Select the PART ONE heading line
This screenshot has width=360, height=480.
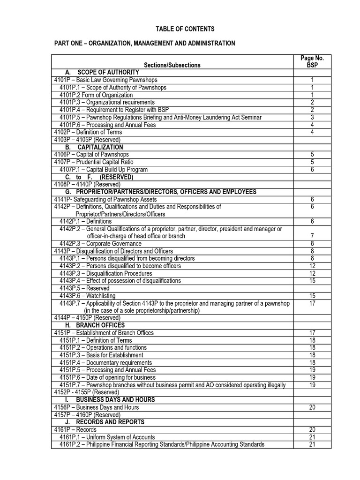(x=145, y=44)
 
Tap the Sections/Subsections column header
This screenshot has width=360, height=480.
(x=172, y=65)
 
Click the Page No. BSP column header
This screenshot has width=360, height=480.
(x=312, y=62)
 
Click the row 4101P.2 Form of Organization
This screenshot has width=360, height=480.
(x=96, y=95)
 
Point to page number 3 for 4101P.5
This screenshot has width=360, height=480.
(x=312, y=117)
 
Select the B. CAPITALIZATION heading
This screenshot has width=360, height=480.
(x=100, y=147)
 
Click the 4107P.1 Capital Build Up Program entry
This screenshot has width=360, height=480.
(x=104, y=170)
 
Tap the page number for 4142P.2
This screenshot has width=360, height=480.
(x=312, y=236)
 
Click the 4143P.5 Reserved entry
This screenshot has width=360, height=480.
(x=84, y=288)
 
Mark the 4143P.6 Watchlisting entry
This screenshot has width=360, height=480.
(x=88, y=296)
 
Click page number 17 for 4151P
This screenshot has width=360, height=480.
(x=312, y=333)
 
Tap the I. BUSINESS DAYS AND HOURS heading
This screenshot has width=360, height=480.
(x=115, y=400)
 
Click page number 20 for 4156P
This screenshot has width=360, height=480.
(x=312, y=407)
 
